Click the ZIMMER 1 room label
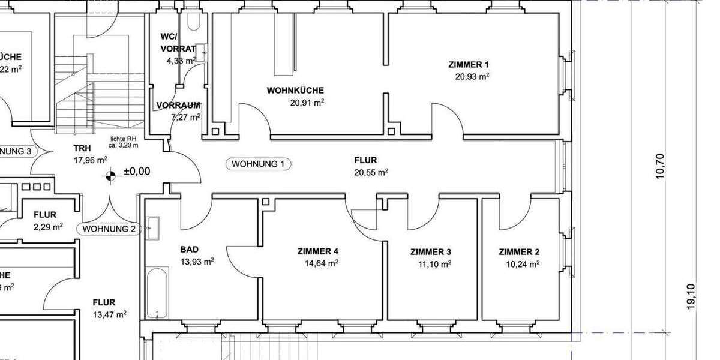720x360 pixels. click(469, 64)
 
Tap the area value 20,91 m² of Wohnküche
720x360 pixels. click(307, 102)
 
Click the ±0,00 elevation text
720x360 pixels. click(137, 172)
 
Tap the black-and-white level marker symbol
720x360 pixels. click(110, 176)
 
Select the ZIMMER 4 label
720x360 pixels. click(318, 251)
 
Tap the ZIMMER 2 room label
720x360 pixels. click(519, 252)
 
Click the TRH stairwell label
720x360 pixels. click(82, 148)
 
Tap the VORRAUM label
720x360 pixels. click(178, 105)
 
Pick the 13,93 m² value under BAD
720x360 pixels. click(197, 261)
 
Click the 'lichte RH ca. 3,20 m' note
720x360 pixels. click(124, 142)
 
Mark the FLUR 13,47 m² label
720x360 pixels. click(104, 303)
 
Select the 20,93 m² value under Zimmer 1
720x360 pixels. click(472, 76)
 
